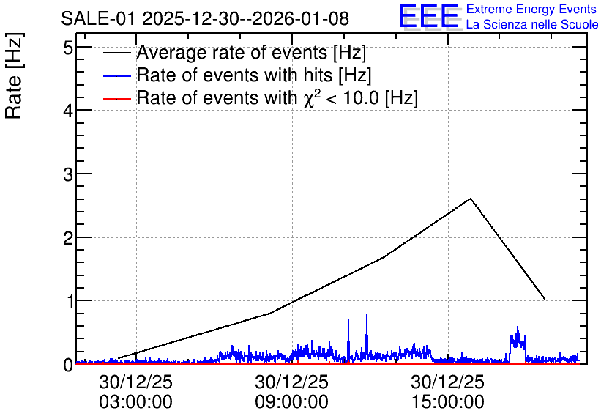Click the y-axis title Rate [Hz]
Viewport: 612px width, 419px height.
point(14,75)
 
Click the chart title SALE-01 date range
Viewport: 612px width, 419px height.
point(205,18)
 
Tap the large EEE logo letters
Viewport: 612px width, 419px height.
point(429,16)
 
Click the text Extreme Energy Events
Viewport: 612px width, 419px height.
point(531,9)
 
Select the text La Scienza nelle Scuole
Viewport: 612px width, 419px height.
point(532,24)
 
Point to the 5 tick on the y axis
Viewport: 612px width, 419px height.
point(68,48)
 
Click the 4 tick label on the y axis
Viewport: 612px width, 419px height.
point(68,111)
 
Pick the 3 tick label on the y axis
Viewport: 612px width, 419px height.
point(68,175)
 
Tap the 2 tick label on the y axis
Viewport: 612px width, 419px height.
point(68,238)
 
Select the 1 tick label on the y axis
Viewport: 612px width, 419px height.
point(69,302)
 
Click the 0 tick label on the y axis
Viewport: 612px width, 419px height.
point(68,365)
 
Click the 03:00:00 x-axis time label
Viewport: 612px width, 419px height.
point(136,402)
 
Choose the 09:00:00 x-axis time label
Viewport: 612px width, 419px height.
point(292,402)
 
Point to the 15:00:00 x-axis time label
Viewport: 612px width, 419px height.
point(448,402)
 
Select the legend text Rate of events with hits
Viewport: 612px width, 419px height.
point(254,75)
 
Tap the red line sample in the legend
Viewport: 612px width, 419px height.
point(117,99)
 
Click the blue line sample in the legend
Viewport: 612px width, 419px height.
point(117,75)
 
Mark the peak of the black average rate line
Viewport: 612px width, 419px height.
point(471,199)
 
